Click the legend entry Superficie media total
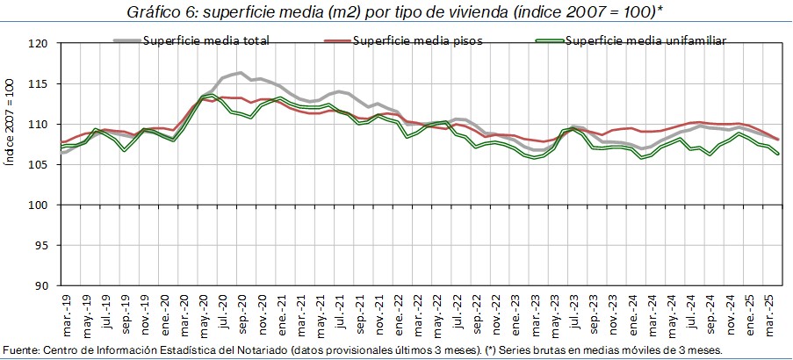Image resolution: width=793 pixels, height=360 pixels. pos(205,40)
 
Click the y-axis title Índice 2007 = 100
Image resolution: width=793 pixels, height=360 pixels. pos(11,167)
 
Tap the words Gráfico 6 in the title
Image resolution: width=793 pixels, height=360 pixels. pos(158,13)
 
